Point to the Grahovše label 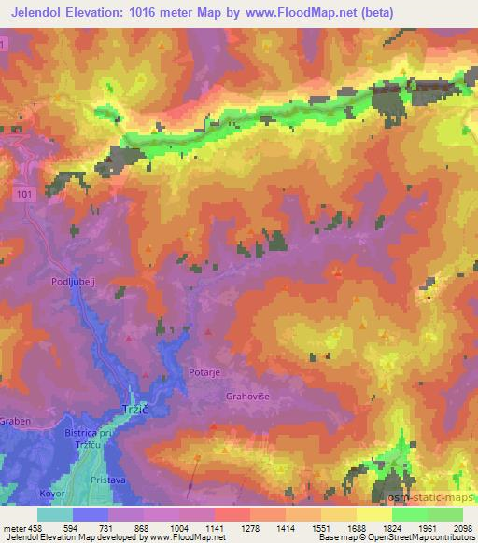(247, 396)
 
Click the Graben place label (16, 421)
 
